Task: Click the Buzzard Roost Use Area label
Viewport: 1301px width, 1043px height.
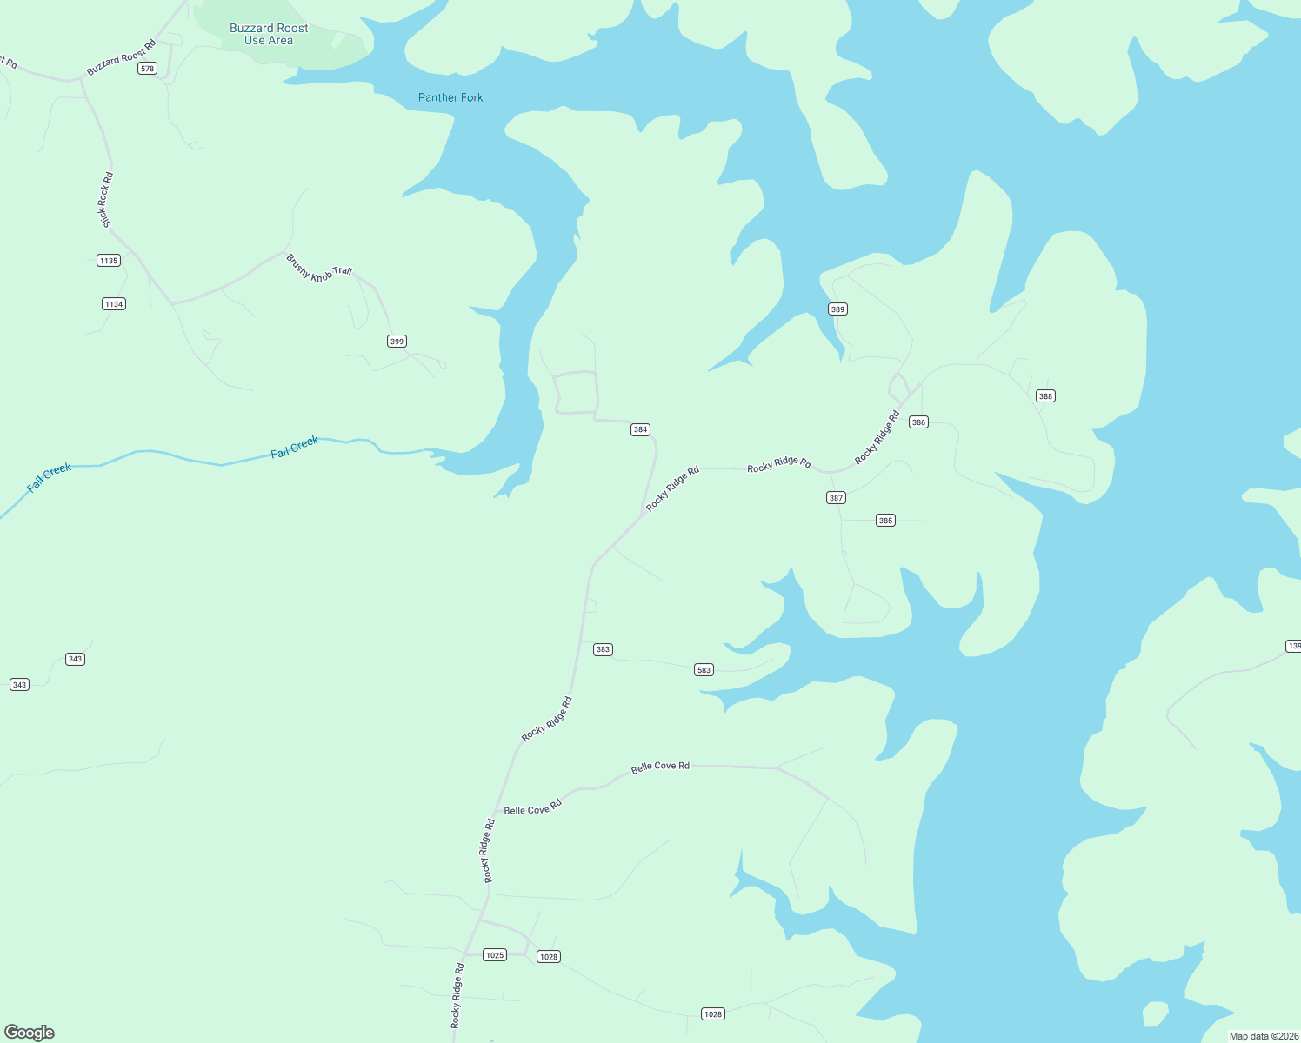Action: tap(269, 35)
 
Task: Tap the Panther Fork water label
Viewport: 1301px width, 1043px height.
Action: tap(450, 97)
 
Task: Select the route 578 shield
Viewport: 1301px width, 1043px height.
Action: tap(147, 69)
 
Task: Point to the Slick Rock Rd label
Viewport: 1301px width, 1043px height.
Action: tap(106, 201)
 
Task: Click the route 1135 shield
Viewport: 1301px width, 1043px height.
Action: tap(109, 261)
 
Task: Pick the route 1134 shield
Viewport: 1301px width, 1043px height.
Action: tap(114, 304)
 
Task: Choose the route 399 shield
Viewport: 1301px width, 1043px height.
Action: tap(397, 342)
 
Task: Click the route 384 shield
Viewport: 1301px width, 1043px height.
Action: tap(640, 429)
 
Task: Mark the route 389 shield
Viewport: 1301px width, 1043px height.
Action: tap(837, 309)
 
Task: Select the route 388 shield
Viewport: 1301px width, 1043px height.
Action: tap(1045, 396)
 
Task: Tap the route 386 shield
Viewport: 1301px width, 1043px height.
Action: tap(918, 422)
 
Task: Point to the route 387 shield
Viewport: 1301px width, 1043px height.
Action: tap(836, 498)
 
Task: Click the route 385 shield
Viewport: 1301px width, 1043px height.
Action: tap(885, 521)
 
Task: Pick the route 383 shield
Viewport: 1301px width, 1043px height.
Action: tap(603, 649)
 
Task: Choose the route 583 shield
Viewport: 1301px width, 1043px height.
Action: tap(704, 670)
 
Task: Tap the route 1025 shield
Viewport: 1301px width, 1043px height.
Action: tap(495, 955)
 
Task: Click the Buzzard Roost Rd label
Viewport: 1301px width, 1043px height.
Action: tap(121, 57)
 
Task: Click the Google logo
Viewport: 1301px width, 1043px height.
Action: tap(30, 1032)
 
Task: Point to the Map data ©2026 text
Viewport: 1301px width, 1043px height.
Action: tap(1264, 1036)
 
